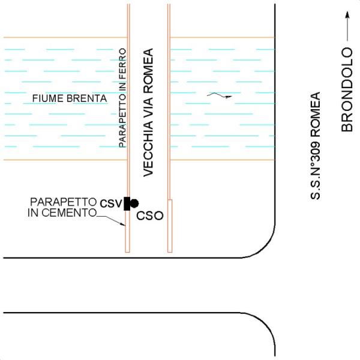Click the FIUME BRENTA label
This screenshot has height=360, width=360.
pos(70,98)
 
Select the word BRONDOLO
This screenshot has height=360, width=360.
pos(347,89)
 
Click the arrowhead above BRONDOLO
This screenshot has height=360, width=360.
pos(347,14)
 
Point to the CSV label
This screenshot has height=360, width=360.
pos(111,203)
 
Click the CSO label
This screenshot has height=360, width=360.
pos(149,216)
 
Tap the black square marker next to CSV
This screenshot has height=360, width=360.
pos(127,203)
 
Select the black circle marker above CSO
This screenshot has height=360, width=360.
pos(134,203)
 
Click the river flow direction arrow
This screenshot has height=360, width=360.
pos(219,95)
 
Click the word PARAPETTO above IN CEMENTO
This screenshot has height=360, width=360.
pos(64,202)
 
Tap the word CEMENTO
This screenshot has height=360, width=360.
pos(69,212)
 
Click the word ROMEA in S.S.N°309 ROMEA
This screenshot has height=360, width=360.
pos(315,115)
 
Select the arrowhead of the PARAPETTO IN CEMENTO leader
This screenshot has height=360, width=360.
pos(122,224)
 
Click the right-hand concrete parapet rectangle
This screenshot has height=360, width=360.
pos(170,226)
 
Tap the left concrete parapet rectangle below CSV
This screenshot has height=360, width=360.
pos(127,231)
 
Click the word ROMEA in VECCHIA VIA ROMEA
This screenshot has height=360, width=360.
pos(148,71)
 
